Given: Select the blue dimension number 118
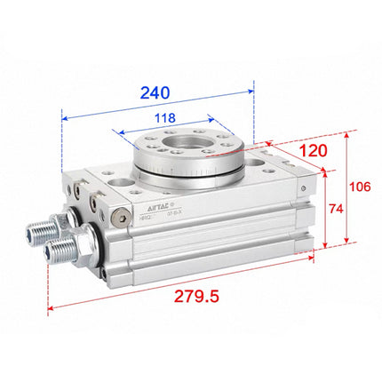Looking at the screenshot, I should click(164, 118).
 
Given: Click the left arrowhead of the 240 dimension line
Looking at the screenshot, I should click(65, 115).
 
